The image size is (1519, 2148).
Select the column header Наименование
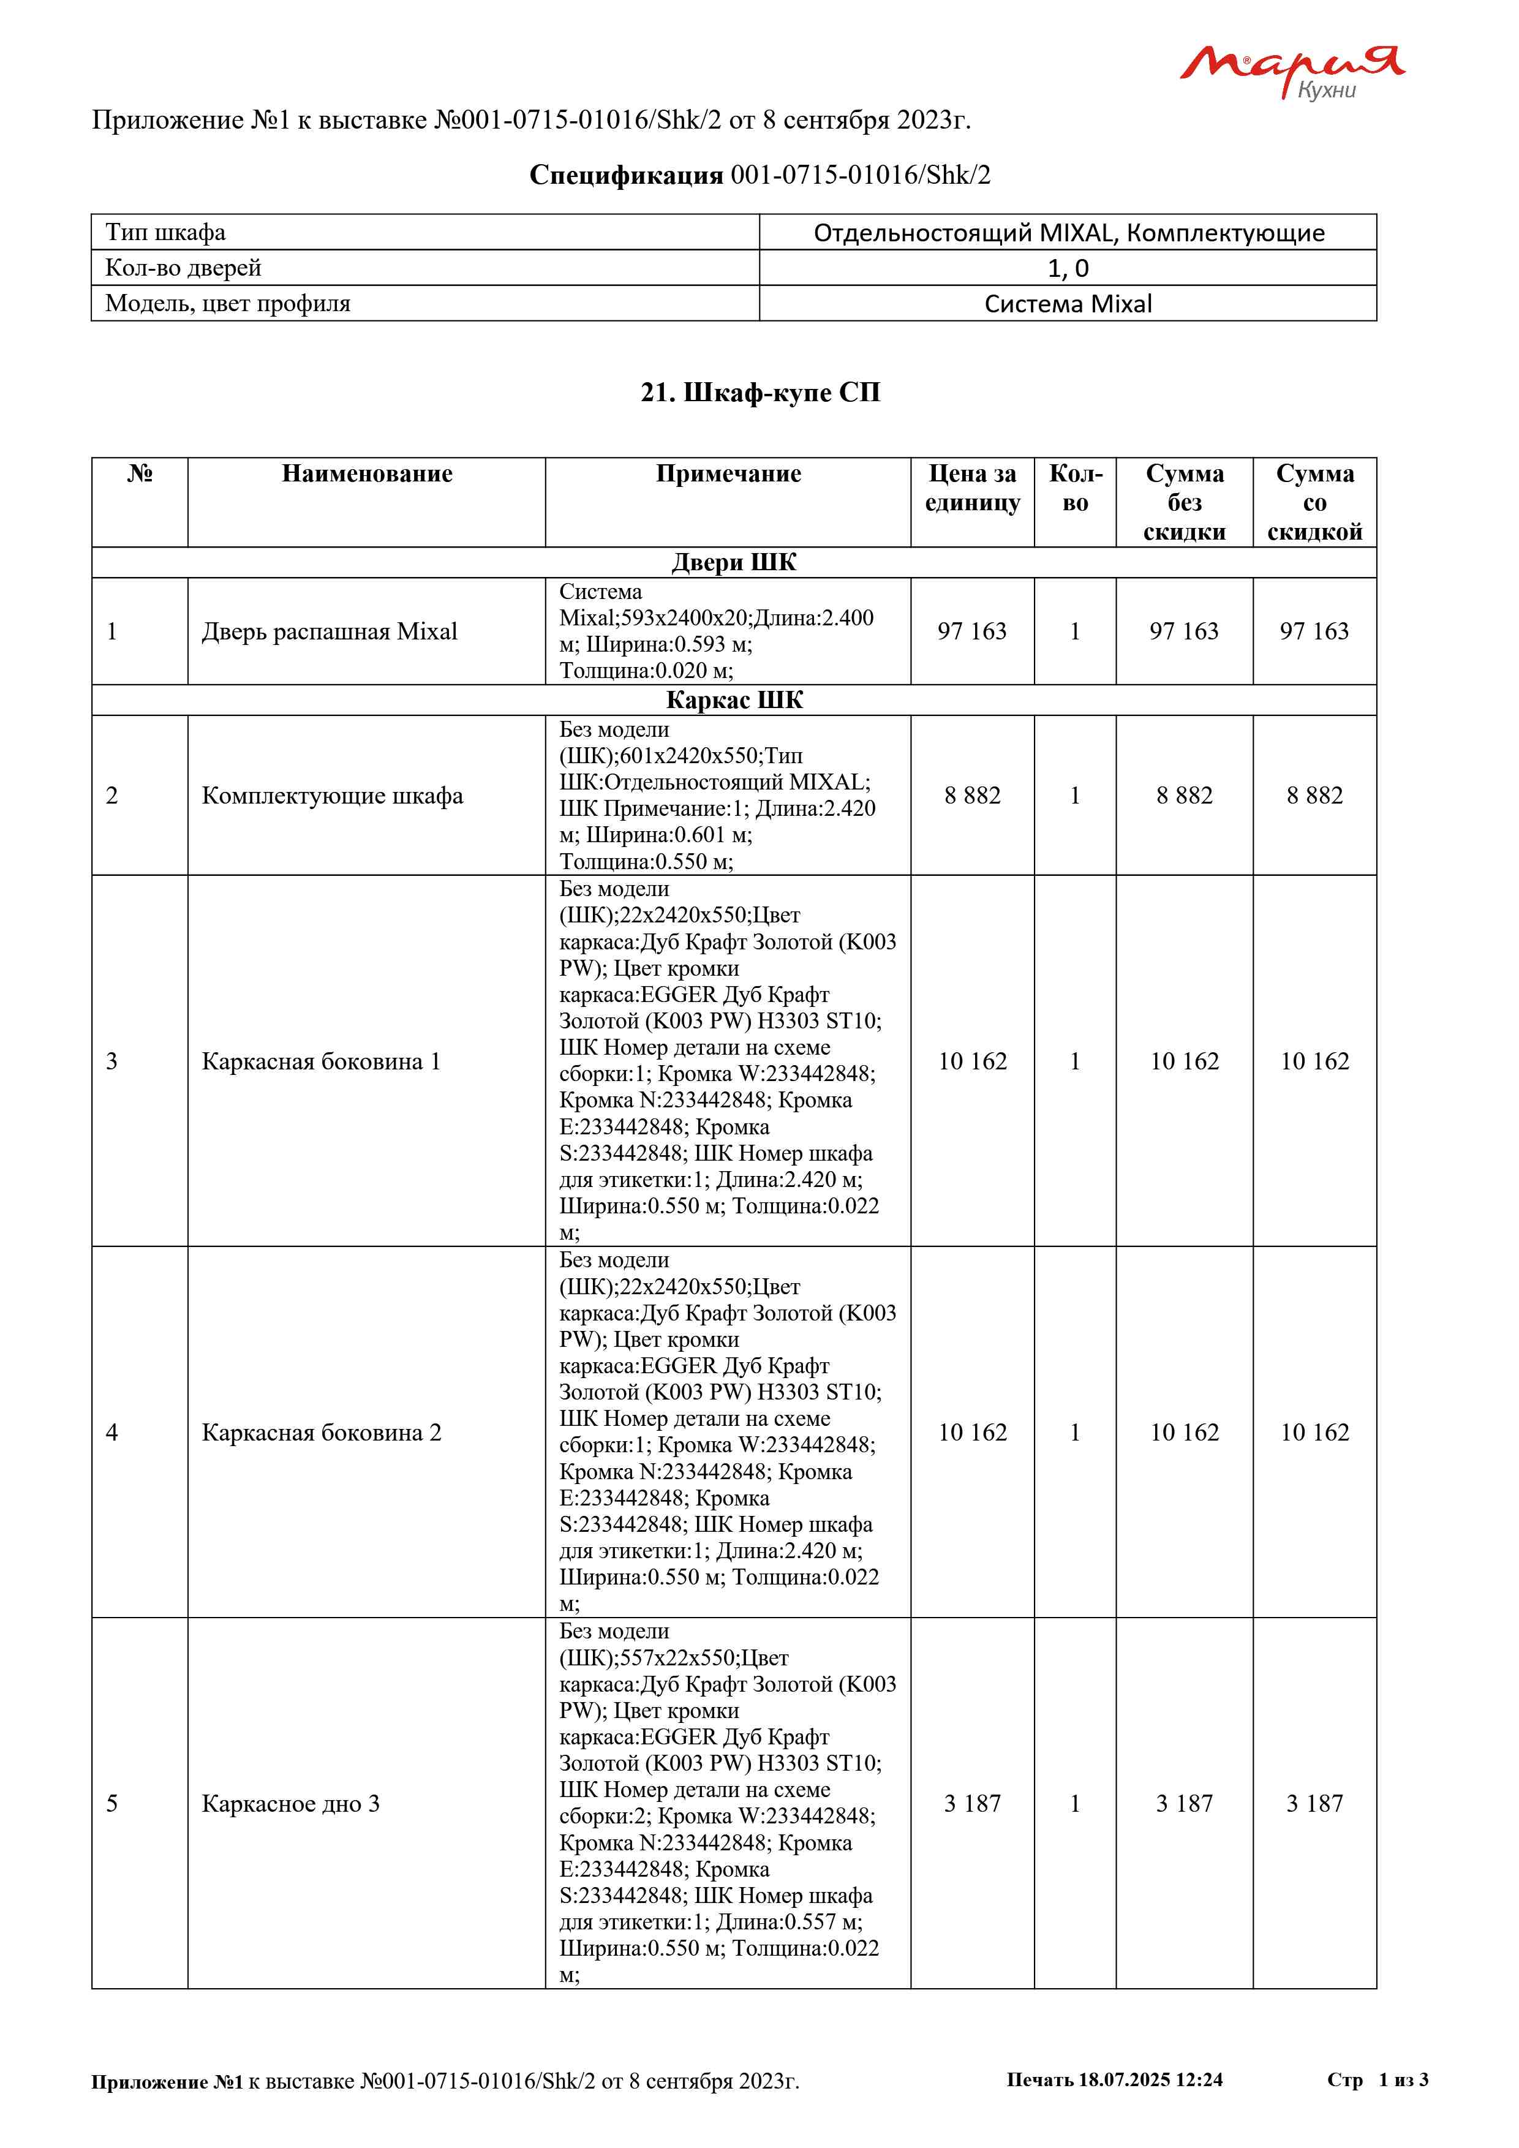[x=367, y=473]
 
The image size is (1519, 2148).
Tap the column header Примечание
[x=728, y=473]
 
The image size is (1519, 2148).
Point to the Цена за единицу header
[x=972, y=488]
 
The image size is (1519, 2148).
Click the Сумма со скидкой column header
[x=1314, y=502]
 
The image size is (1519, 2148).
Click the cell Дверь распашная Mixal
[x=330, y=631]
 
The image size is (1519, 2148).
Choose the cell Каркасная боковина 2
[x=321, y=1433]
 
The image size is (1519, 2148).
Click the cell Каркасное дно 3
[x=291, y=1804]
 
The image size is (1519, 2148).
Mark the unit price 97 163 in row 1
[x=972, y=631]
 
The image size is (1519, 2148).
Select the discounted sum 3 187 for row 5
[x=1314, y=1804]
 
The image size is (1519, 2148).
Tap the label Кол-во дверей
[x=183, y=268]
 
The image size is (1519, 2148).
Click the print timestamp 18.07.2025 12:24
[x=1150, y=2079]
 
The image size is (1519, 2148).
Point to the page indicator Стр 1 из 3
[x=1377, y=2079]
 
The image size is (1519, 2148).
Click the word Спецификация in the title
[x=626, y=175]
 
